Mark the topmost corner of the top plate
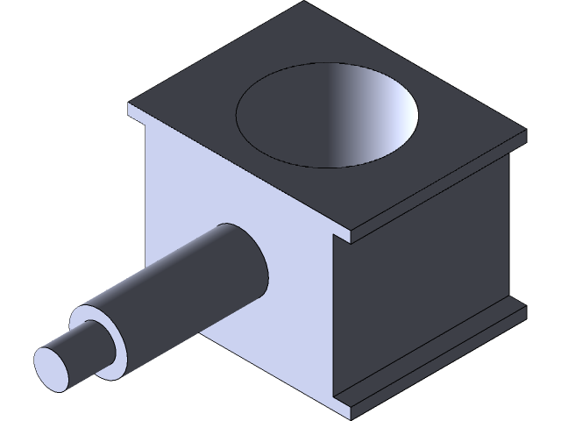[313, 3]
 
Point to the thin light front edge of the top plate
[237, 175]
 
